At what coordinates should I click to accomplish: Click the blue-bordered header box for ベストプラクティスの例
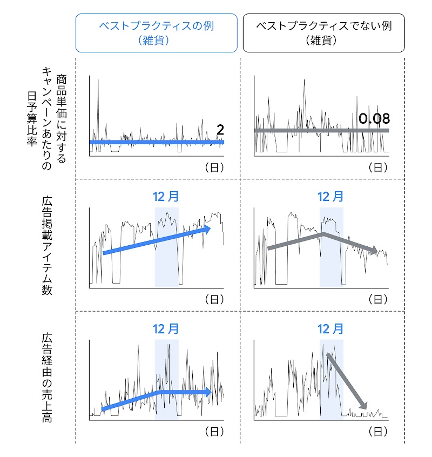157,33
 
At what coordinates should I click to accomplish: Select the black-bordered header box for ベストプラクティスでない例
323,33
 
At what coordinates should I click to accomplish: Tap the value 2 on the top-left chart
220,130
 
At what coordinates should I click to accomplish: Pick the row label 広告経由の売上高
47,378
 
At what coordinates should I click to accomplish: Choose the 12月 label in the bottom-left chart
166,328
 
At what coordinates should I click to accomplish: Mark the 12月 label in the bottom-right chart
330,328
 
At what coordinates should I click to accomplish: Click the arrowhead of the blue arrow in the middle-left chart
207,229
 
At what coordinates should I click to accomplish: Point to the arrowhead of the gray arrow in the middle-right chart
374,251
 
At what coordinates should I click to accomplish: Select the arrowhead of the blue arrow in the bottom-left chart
208,392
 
